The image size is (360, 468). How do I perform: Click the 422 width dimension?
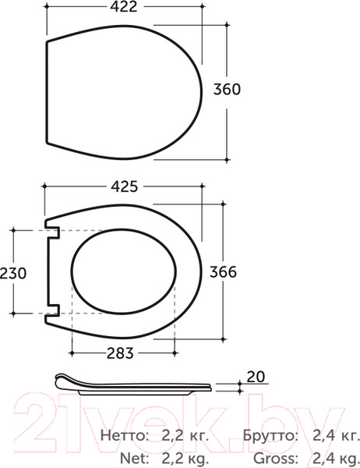click(x=123, y=6)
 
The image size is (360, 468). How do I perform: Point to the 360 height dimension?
click(x=227, y=89)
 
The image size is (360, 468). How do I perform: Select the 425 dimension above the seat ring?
click(x=125, y=187)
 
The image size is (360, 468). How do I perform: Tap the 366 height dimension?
click(x=223, y=272)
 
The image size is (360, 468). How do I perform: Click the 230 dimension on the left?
click(x=13, y=273)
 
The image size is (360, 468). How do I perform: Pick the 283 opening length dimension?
click(x=120, y=353)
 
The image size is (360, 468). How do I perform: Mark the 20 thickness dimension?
click(x=256, y=377)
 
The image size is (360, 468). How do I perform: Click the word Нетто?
click(x=125, y=435)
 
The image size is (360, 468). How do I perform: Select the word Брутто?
click(x=270, y=435)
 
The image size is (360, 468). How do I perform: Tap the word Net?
click(x=134, y=457)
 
